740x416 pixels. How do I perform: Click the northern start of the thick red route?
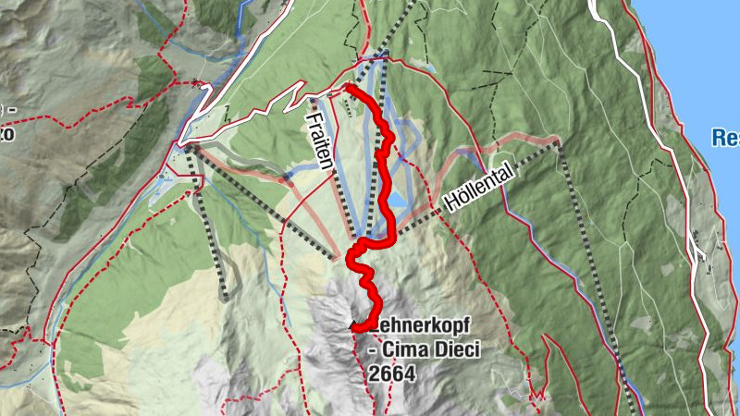[349, 87]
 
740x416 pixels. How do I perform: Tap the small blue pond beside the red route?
[397, 199]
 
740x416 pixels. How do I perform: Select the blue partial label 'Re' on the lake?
[725, 138]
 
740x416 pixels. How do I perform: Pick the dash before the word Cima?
[374, 351]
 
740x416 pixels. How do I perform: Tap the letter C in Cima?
[389, 350]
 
